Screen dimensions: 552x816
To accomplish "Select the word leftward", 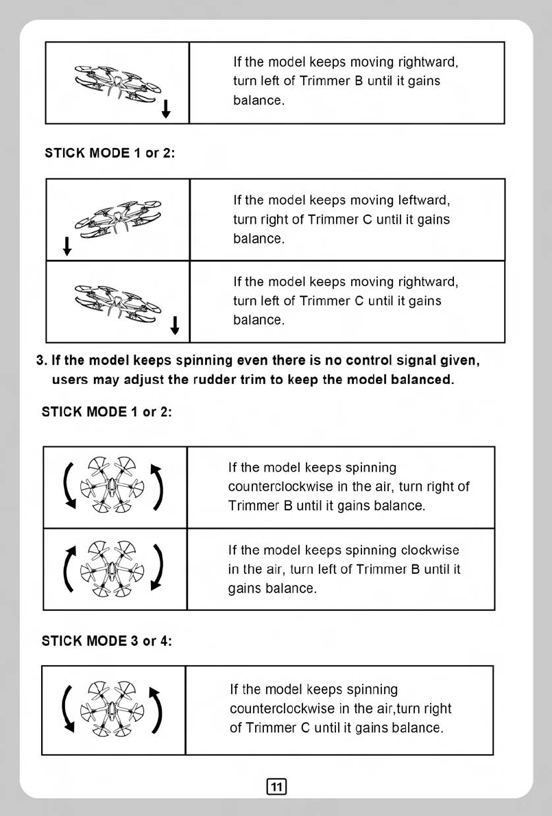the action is pyautogui.click(x=424, y=201).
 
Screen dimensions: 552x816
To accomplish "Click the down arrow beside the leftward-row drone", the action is pyautogui.click(x=67, y=245).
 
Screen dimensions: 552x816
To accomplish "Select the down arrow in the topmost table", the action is pyautogui.click(x=165, y=108).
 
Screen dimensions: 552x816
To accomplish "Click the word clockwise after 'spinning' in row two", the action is pyautogui.click(x=430, y=551).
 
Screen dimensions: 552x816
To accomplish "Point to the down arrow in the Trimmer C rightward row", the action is pyautogui.click(x=176, y=325).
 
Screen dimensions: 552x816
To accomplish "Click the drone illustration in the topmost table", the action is pyautogui.click(x=117, y=82).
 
